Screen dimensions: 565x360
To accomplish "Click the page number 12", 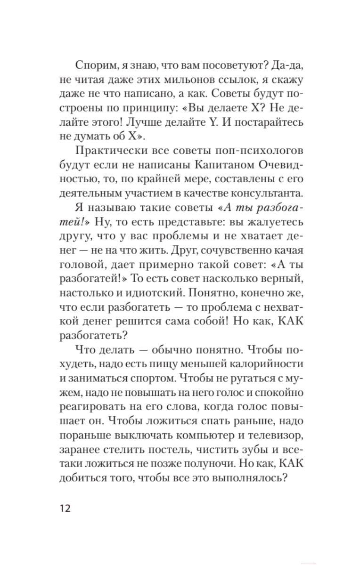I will click(x=65, y=508).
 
